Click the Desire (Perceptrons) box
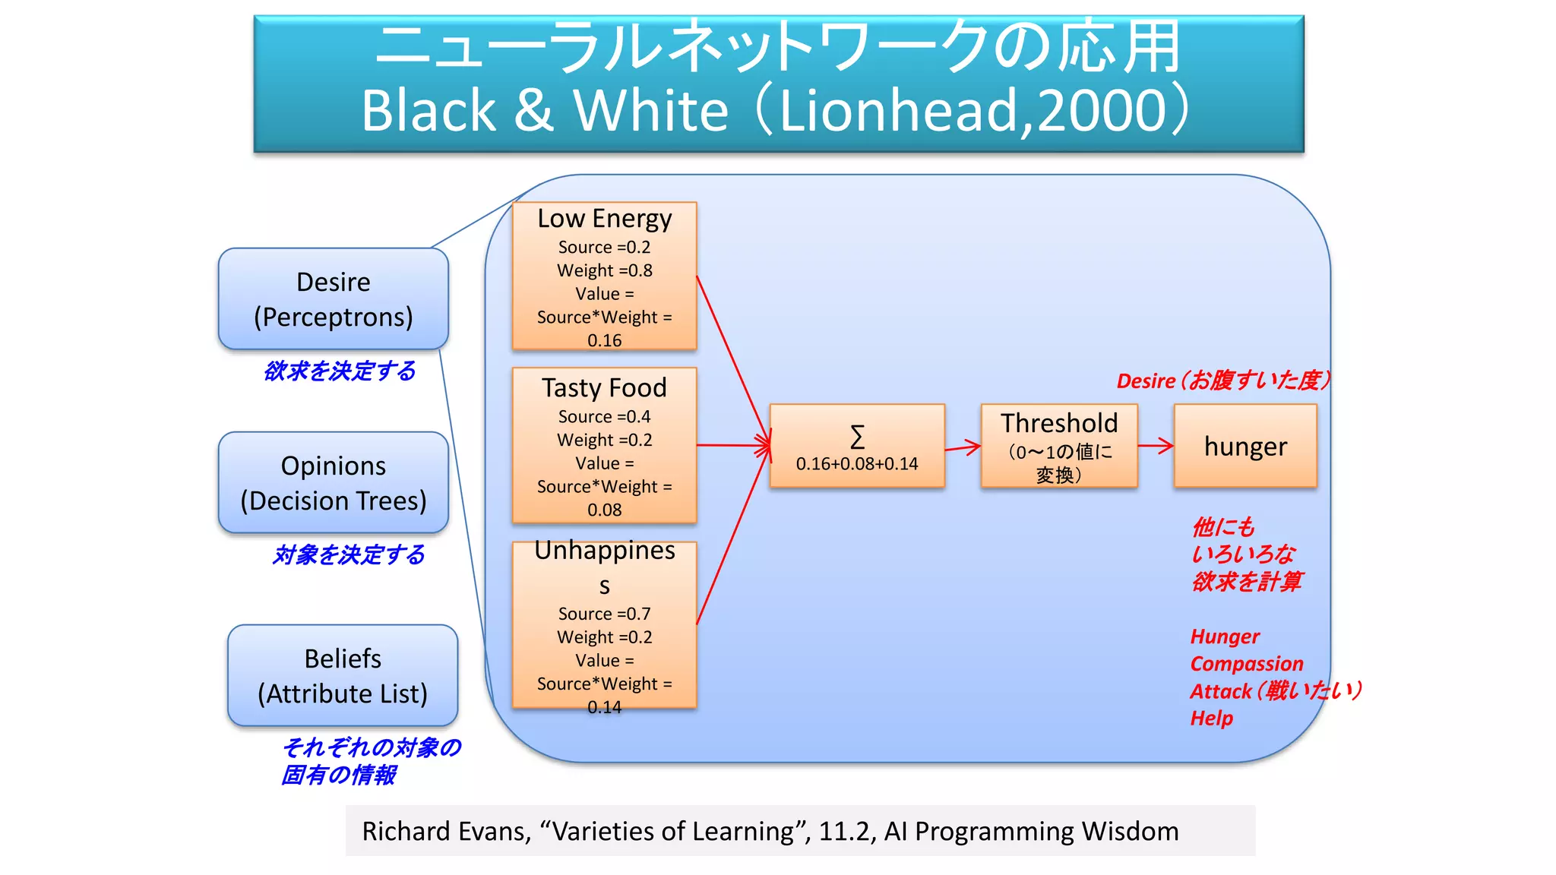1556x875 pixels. tap(333, 299)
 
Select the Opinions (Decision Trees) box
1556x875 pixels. tap(333, 482)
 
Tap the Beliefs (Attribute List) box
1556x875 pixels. tap(342, 675)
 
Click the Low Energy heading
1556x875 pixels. tap(604, 219)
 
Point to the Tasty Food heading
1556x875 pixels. tap(604, 388)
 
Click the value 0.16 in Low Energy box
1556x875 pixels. tap(604, 340)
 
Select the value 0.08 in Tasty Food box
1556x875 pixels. tap(604, 510)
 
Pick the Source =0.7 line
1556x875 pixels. tap(604, 614)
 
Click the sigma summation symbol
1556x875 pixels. tap(857, 437)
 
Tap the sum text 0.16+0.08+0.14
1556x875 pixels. tap(857, 463)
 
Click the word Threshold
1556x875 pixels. tap(1059, 423)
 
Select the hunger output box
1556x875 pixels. tap(1245, 446)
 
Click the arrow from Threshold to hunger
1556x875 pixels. tap(1156, 446)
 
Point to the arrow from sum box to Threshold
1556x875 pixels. tap(963, 447)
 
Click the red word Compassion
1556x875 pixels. tap(1246, 664)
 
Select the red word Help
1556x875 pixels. tap(1211, 719)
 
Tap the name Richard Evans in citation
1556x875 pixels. tap(445, 831)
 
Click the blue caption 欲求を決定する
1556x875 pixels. tap(340, 371)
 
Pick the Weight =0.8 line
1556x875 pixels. tap(604, 270)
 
